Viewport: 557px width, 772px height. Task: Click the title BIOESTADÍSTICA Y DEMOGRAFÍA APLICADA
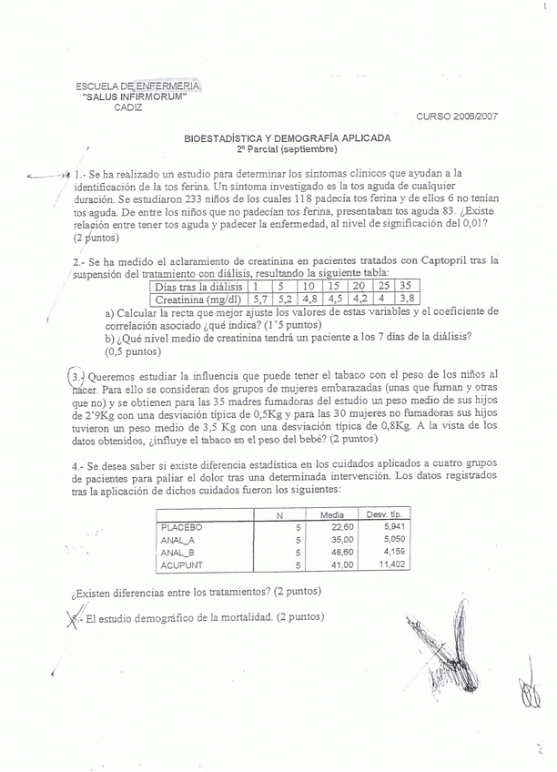[x=287, y=138]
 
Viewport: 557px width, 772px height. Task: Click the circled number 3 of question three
[x=77, y=375]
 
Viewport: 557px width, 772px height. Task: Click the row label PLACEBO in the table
[x=180, y=527]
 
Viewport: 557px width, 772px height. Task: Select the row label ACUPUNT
[x=180, y=565]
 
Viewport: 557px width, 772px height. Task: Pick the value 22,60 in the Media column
[x=342, y=527]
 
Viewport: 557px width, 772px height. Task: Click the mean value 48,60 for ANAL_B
[x=342, y=553]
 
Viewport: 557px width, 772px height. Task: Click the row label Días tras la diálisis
[x=199, y=285]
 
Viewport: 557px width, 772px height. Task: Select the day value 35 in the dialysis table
[x=406, y=285]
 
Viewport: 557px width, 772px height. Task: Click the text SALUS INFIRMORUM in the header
[x=135, y=96]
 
